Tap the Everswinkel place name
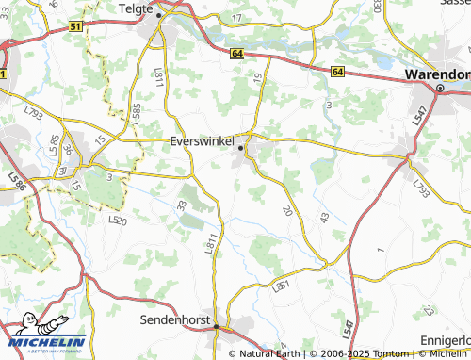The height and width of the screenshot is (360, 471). coord(201,140)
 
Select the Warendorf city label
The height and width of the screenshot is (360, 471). coord(436,74)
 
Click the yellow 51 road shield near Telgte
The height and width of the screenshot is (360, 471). coord(74,28)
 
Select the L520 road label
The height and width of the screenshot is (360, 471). coord(117,221)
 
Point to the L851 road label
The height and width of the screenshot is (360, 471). coord(281,284)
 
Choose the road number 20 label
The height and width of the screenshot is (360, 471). coord(286,211)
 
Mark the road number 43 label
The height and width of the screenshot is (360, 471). coord(324,218)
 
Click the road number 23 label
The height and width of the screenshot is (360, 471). coord(429,310)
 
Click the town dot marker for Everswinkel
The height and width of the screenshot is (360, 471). coord(241,148)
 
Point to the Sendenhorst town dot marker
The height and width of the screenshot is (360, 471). coord(217,326)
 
